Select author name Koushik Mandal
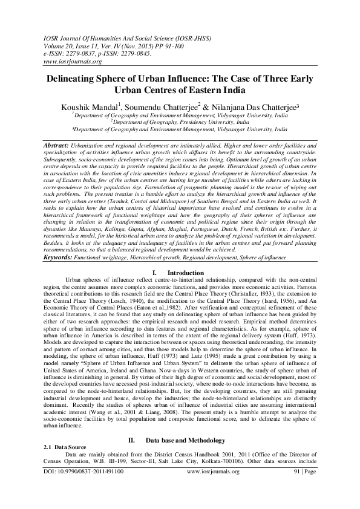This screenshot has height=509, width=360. (x=97, y=106)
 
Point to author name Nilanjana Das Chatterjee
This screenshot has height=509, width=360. (x=260, y=106)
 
